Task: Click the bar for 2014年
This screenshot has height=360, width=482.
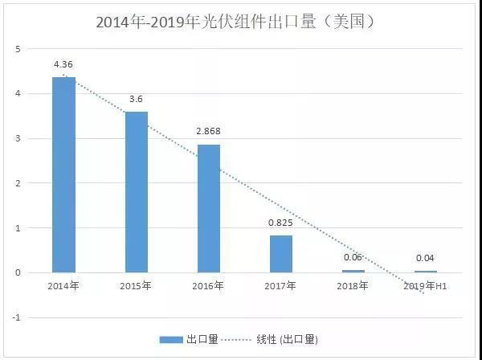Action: [63, 174]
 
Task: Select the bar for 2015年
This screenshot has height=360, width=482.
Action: [136, 191]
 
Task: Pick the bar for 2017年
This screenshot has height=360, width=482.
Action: [281, 253]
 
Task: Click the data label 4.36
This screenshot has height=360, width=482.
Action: [64, 63]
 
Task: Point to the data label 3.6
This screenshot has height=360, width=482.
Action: [137, 98]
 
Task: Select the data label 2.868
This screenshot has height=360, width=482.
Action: [209, 130]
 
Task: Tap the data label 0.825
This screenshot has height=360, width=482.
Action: [281, 222]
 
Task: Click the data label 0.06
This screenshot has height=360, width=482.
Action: [353, 257]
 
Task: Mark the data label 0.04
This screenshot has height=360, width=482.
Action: [426, 258]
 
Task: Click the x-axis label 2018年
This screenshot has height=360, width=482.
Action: [353, 285]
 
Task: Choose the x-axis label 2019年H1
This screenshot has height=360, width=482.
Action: [426, 285]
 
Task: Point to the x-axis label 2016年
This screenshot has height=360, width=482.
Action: [209, 285]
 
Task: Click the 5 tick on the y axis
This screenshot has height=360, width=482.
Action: [18, 49]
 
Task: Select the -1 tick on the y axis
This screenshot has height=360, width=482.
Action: [16, 317]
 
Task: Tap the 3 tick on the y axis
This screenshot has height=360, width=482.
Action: [18, 138]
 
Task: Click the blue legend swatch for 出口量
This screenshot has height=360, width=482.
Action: [171, 339]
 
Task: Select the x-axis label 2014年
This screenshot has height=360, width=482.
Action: [63, 285]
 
